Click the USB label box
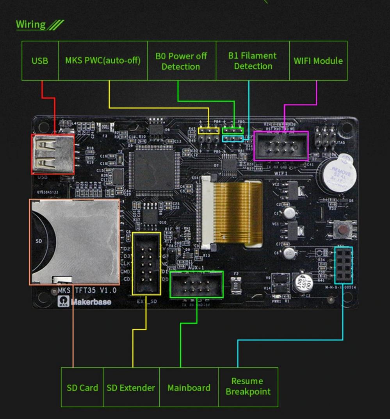pyautogui.click(x=40, y=61)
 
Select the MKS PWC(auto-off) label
pyautogui.click(x=103, y=61)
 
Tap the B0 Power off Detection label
pyautogui.click(x=181, y=61)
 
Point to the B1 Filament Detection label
pyautogui.click(x=253, y=61)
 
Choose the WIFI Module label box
pyautogui.click(x=318, y=61)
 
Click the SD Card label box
pyautogui.click(x=82, y=388)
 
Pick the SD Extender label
pyautogui.click(x=131, y=388)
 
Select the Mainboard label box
pyautogui.click(x=189, y=388)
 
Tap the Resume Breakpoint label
pyautogui.click(x=248, y=387)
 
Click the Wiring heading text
pyautogui.click(x=31, y=25)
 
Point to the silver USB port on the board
pyautogui.click(x=53, y=154)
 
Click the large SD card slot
pyautogui.click(x=74, y=242)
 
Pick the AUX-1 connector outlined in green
pyautogui.click(x=196, y=285)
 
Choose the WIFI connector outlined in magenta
pyautogui.click(x=281, y=146)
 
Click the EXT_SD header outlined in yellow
pyautogui.click(x=146, y=264)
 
